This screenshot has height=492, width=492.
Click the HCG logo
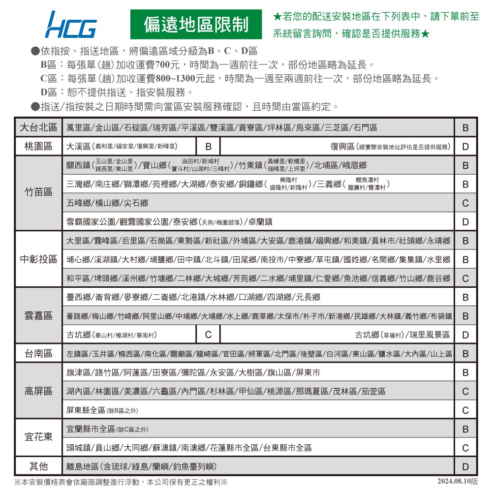click(70, 25)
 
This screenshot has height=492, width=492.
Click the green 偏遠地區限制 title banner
click(196, 25)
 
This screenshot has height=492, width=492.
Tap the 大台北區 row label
click(38, 127)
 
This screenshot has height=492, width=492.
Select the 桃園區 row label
click(38, 147)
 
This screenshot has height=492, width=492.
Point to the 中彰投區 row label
click(38, 259)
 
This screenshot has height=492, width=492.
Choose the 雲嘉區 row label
click(38, 316)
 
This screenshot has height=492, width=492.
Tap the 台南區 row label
click(38, 353)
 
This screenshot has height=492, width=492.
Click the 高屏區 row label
click(38, 391)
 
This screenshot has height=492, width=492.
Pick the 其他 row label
click(38, 466)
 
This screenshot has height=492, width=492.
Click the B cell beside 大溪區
click(209, 147)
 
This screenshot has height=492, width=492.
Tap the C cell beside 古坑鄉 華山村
click(209, 335)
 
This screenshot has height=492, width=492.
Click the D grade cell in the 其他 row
click(465, 466)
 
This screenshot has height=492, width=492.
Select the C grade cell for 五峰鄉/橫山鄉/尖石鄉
click(465, 203)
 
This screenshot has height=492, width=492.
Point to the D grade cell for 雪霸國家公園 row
click(465, 222)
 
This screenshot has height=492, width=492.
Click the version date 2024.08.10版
click(458, 481)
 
